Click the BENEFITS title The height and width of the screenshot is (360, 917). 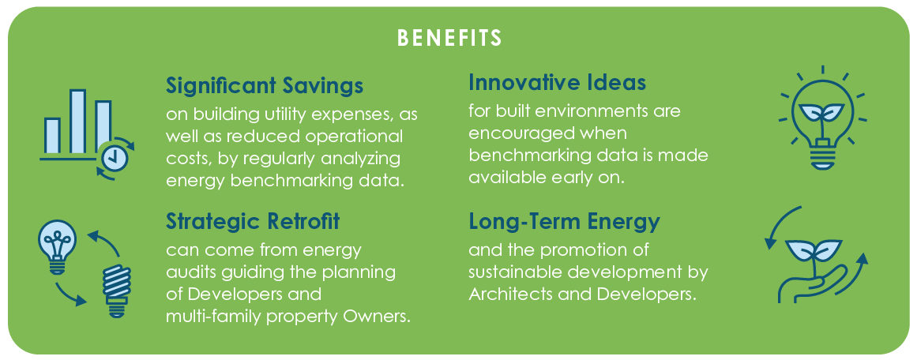click(449, 38)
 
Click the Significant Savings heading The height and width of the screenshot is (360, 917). click(265, 86)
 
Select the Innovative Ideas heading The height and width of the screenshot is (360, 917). click(557, 82)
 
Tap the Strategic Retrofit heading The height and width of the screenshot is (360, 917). click(253, 222)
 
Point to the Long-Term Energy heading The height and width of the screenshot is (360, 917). click(564, 222)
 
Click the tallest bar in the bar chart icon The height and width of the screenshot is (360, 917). click(77, 122)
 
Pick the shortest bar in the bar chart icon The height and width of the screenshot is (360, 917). click(52, 136)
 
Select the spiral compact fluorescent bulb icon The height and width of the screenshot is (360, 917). click(117, 290)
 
